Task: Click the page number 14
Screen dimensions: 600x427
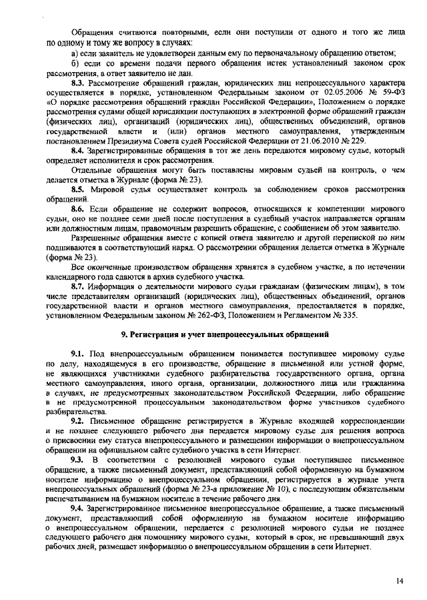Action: pos(399,581)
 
